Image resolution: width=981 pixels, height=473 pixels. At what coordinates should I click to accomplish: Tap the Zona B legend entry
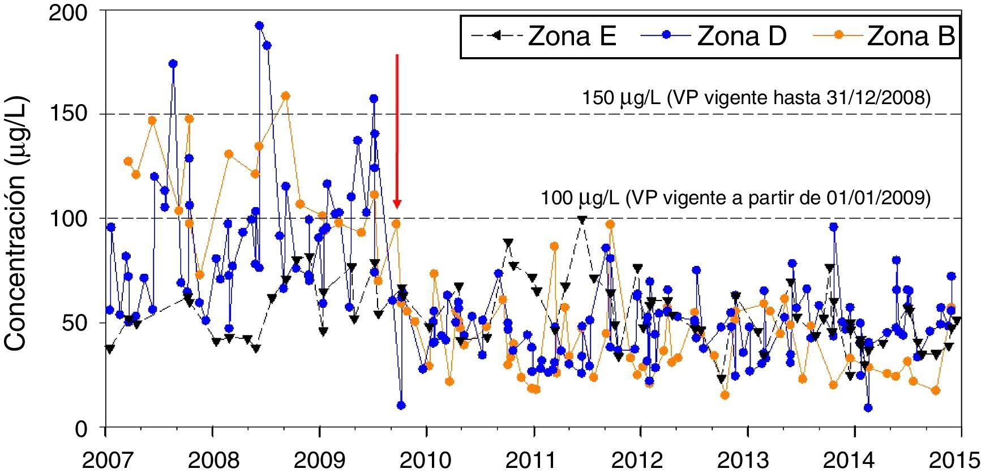point(883,37)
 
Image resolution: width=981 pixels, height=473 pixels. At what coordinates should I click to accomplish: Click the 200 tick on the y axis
point(79,11)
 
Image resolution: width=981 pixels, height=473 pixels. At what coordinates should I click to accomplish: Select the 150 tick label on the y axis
point(79,114)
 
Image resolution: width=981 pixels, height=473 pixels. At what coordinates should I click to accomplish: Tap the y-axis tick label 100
point(79,218)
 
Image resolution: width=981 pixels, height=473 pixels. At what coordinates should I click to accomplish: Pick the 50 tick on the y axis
point(85,323)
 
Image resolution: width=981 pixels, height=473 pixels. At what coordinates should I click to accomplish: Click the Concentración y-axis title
point(17,226)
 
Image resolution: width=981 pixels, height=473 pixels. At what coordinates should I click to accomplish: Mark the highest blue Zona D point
point(259,25)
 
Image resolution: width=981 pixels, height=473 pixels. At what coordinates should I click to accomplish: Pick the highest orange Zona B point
point(286,96)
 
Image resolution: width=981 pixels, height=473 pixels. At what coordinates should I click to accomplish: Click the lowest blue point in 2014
point(868,408)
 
